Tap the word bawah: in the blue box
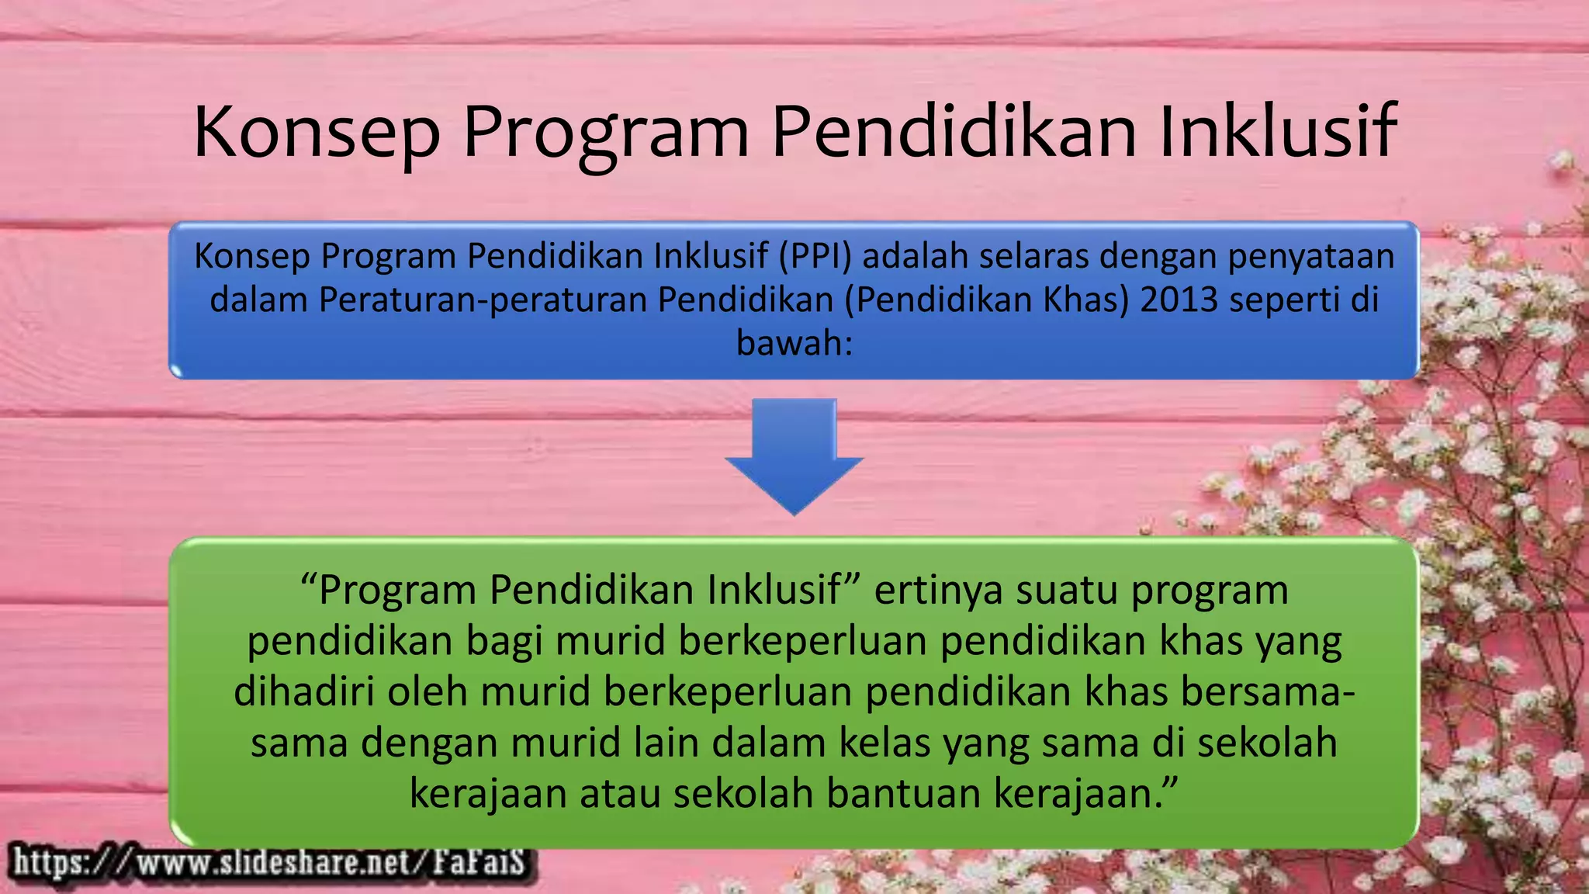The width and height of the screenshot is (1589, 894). click(794, 343)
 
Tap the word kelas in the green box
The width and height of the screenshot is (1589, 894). click(885, 742)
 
